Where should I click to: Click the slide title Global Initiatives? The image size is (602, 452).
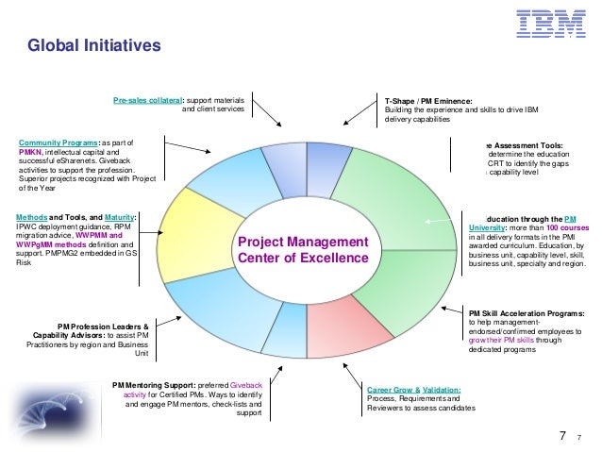95,45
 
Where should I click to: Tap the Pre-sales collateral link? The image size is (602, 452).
147,99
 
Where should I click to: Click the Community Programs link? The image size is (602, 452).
58,142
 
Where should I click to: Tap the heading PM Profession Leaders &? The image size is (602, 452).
103,326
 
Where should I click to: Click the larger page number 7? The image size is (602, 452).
562,436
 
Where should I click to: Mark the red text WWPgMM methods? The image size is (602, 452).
47,245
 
